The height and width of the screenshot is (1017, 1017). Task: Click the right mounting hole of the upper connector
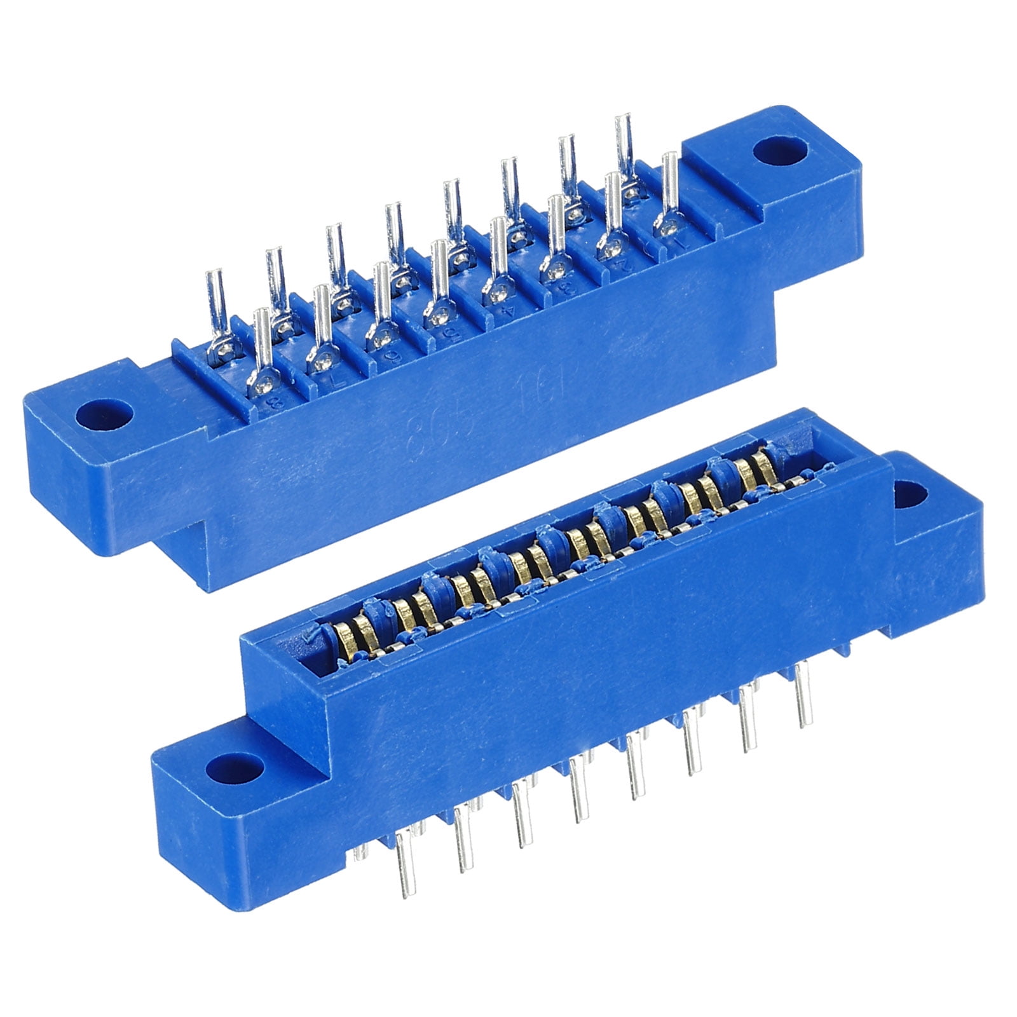click(780, 151)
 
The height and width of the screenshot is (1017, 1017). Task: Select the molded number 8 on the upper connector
click(276, 402)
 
